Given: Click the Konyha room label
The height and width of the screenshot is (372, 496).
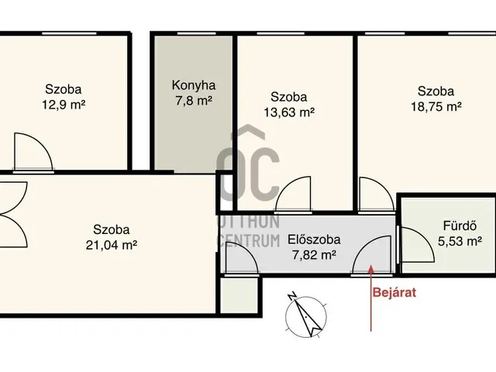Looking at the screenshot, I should click(x=194, y=85).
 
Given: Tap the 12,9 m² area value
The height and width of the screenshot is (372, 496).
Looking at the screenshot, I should click(x=63, y=103).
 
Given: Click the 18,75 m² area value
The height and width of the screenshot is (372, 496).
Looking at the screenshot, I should click(x=436, y=106).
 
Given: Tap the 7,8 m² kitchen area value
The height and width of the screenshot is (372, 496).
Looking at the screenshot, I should click(x=194, y=100).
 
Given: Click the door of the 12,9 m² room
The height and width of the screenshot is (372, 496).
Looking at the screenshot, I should click(x=33, y=151).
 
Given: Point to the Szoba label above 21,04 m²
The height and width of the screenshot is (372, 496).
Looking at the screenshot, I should click(x=112, y=229).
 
